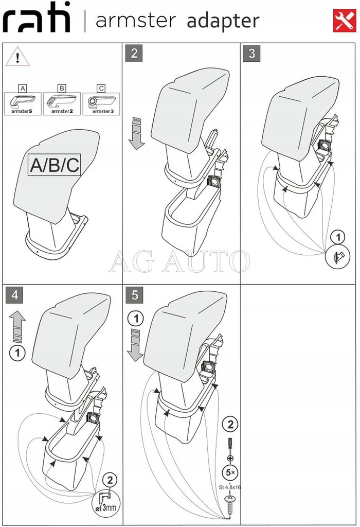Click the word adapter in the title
point(223,21)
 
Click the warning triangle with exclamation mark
point(17,57)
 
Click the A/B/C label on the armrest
point(55,165)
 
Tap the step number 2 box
point(134,54)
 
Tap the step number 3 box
point(251,54)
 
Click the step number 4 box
point(15,295)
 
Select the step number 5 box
point(134,295)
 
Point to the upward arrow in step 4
point(17,327)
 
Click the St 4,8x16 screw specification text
point(230,485)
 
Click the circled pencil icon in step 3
point(336,256)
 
